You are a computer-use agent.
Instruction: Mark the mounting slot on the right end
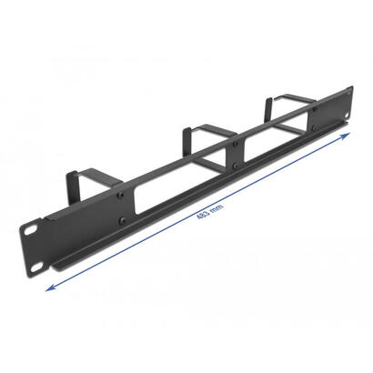[x=346, y=91]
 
